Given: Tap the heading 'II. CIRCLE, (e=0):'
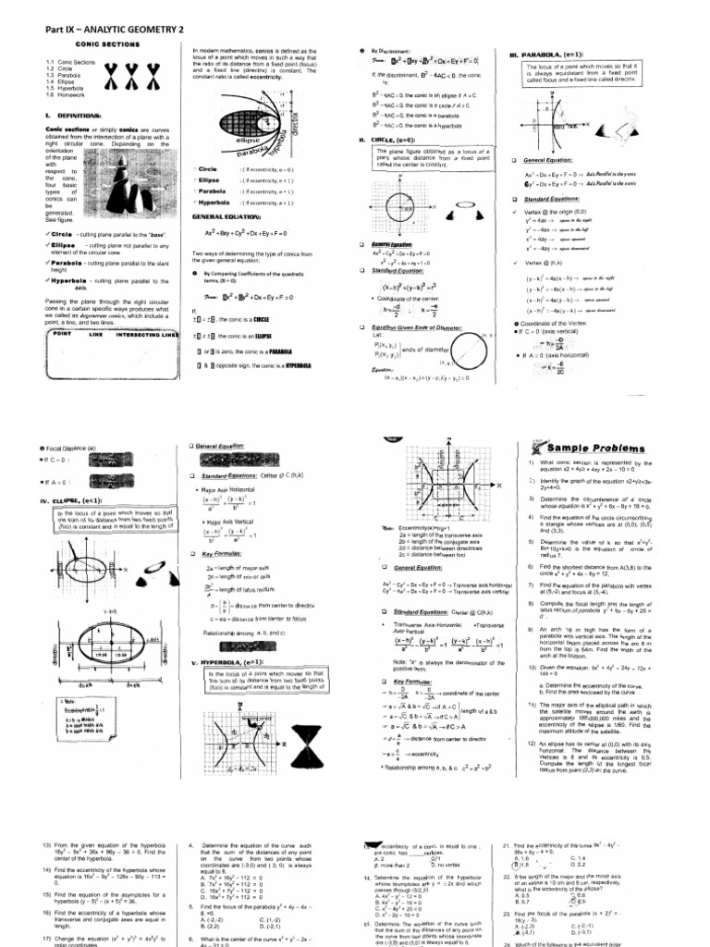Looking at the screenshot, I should tap(389, 139).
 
